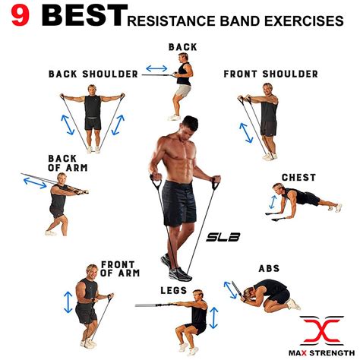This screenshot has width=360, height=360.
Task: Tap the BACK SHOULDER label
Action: tap(93, 74)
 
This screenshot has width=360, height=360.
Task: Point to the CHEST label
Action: tap(298, 178)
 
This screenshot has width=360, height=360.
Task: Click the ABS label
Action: tap(269, 268)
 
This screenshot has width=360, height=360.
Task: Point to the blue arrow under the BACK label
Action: tap(156, 68)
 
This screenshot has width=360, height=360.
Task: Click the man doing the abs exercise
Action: tap(270, 295)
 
